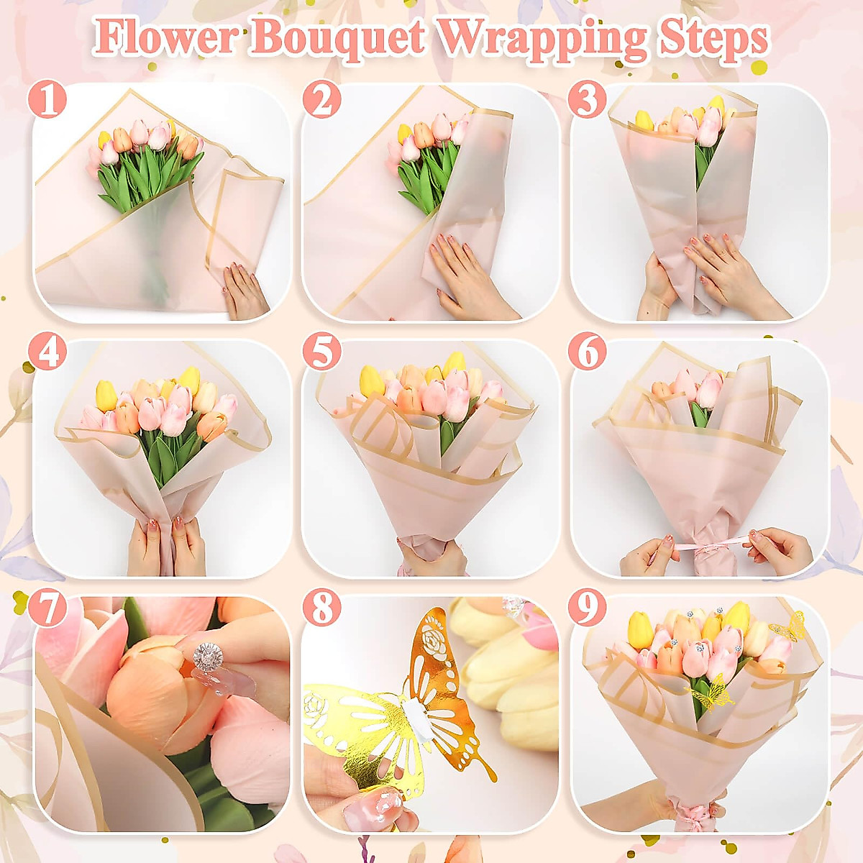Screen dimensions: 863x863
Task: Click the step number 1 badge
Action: click(x=48, y=101)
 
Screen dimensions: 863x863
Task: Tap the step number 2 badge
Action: click(x=321, y=101)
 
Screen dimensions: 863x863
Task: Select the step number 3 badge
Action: click(x=588, y=101)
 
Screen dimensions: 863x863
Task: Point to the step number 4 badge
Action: click(x=48, y=352)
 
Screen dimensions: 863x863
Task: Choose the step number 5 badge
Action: click(x=321, y=352)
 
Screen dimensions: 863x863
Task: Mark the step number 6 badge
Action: click(x=588, y=352)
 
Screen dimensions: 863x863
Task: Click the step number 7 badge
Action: click(x=48, y=609)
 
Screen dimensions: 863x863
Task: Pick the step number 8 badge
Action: click(x=321, y=609)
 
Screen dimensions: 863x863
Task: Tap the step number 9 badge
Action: click(x=588, y=609)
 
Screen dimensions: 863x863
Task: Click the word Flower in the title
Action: click(x=165, y=37)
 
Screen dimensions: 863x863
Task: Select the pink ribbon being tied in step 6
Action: click(x=701, y=548)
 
